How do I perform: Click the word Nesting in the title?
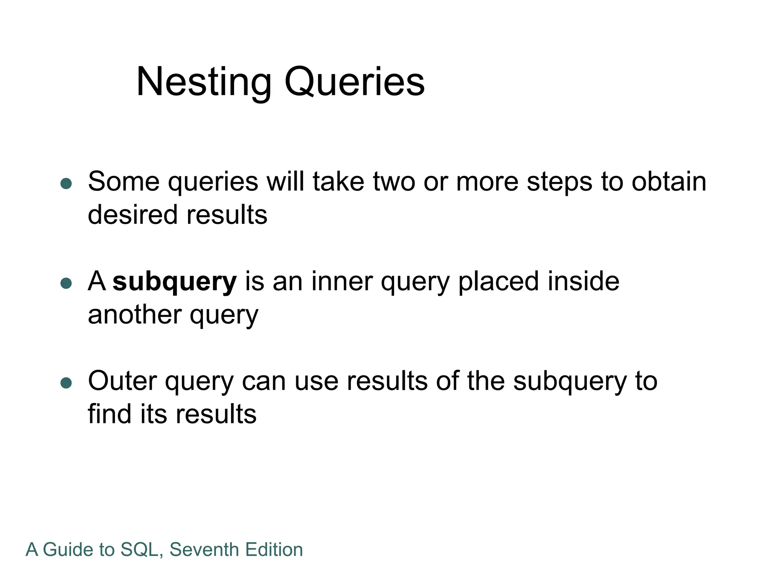(204, 82)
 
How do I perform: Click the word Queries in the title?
(354, 82)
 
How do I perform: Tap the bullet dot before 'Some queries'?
(66, 183)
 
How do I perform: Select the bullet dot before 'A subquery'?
(66, 283)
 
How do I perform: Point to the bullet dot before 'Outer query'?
(66, 383)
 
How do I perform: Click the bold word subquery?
(175, 282)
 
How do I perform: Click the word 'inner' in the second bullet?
(342, 282)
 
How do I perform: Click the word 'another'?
(134, 315)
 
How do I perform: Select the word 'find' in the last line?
(110, 414)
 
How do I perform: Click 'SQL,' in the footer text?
(142, 550)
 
